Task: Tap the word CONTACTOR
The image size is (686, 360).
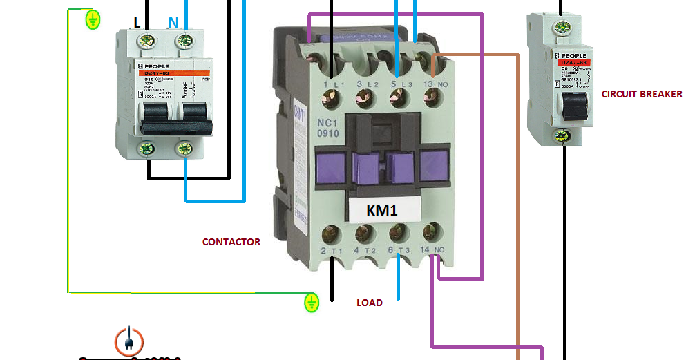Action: coord(231,242)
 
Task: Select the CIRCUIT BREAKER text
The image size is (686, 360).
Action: coord(642,94)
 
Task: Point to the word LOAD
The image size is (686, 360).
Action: coord(370,303)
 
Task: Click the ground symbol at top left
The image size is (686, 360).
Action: coord(92,19)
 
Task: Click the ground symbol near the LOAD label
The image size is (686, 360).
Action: coord(312,301)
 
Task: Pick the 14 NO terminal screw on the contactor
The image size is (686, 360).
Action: coord(433,231)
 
